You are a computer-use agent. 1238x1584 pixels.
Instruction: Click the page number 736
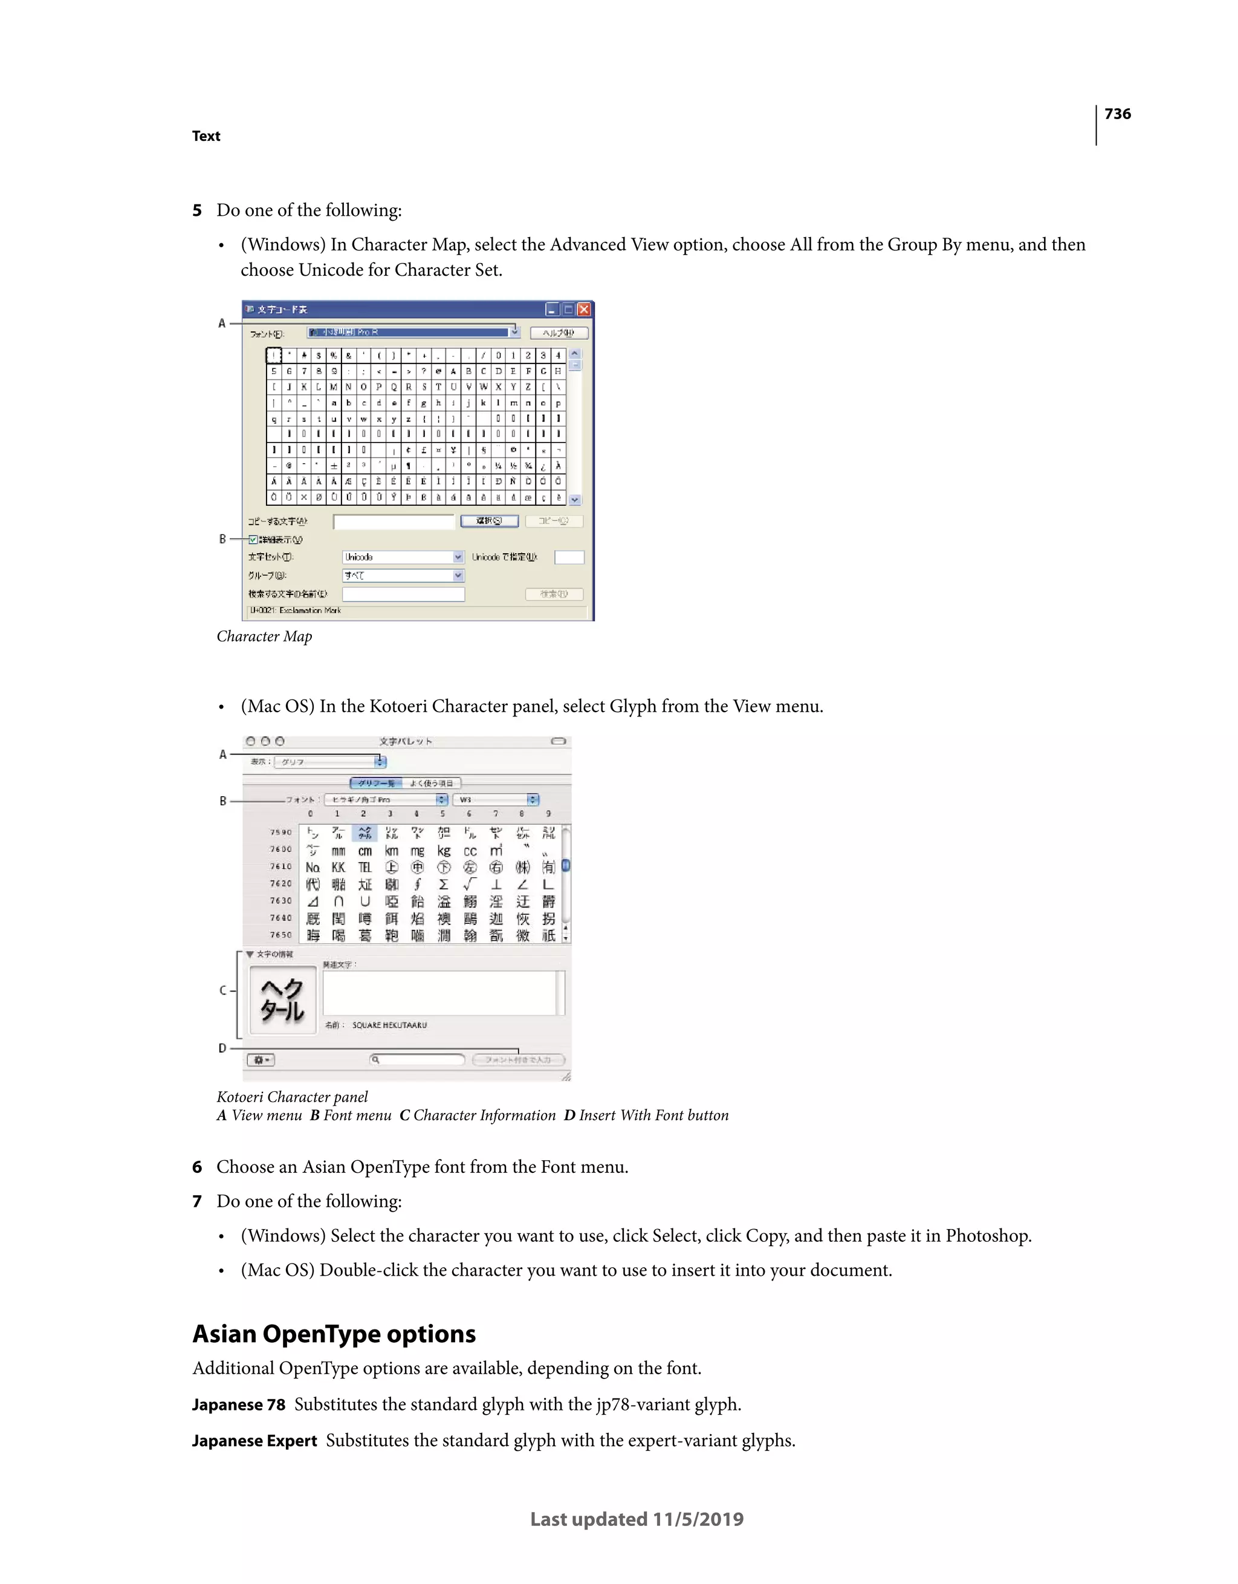tap(1117, 114)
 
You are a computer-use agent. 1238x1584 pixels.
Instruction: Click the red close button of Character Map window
tap(584, 310)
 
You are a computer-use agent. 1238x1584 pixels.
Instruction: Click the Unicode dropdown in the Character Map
tap(403, 557)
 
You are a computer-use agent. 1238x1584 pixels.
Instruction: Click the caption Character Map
tap(264, 636)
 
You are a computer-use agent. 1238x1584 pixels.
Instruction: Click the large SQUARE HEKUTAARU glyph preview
tap(283, 1000)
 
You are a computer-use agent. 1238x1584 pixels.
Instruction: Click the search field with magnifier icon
tap(417, 1060)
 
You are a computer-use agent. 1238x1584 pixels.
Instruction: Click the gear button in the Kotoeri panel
tap(261, 1060)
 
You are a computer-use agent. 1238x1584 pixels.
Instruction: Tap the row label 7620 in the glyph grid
tap(280, 883)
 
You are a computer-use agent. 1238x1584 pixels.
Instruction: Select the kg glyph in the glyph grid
tap(444, 850)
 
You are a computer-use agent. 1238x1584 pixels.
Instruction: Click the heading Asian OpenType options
tap(334, 1334)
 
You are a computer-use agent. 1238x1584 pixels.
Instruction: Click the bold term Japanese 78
tap(239, 1405)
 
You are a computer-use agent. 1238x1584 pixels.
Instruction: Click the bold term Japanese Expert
tap(254, 1441)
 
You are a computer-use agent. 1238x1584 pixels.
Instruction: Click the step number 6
tap(196, 1167)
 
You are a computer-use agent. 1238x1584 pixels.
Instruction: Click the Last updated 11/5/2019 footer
tap(637, 1519)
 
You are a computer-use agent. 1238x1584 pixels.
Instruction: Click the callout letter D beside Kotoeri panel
tap(222, 1048)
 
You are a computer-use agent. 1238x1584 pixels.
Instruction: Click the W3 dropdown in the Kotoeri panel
tap(497, 799)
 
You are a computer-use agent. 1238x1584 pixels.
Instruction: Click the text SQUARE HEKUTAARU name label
tap(389, 1025)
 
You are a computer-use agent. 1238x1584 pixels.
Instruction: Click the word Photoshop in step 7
tap(987, 1236)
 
